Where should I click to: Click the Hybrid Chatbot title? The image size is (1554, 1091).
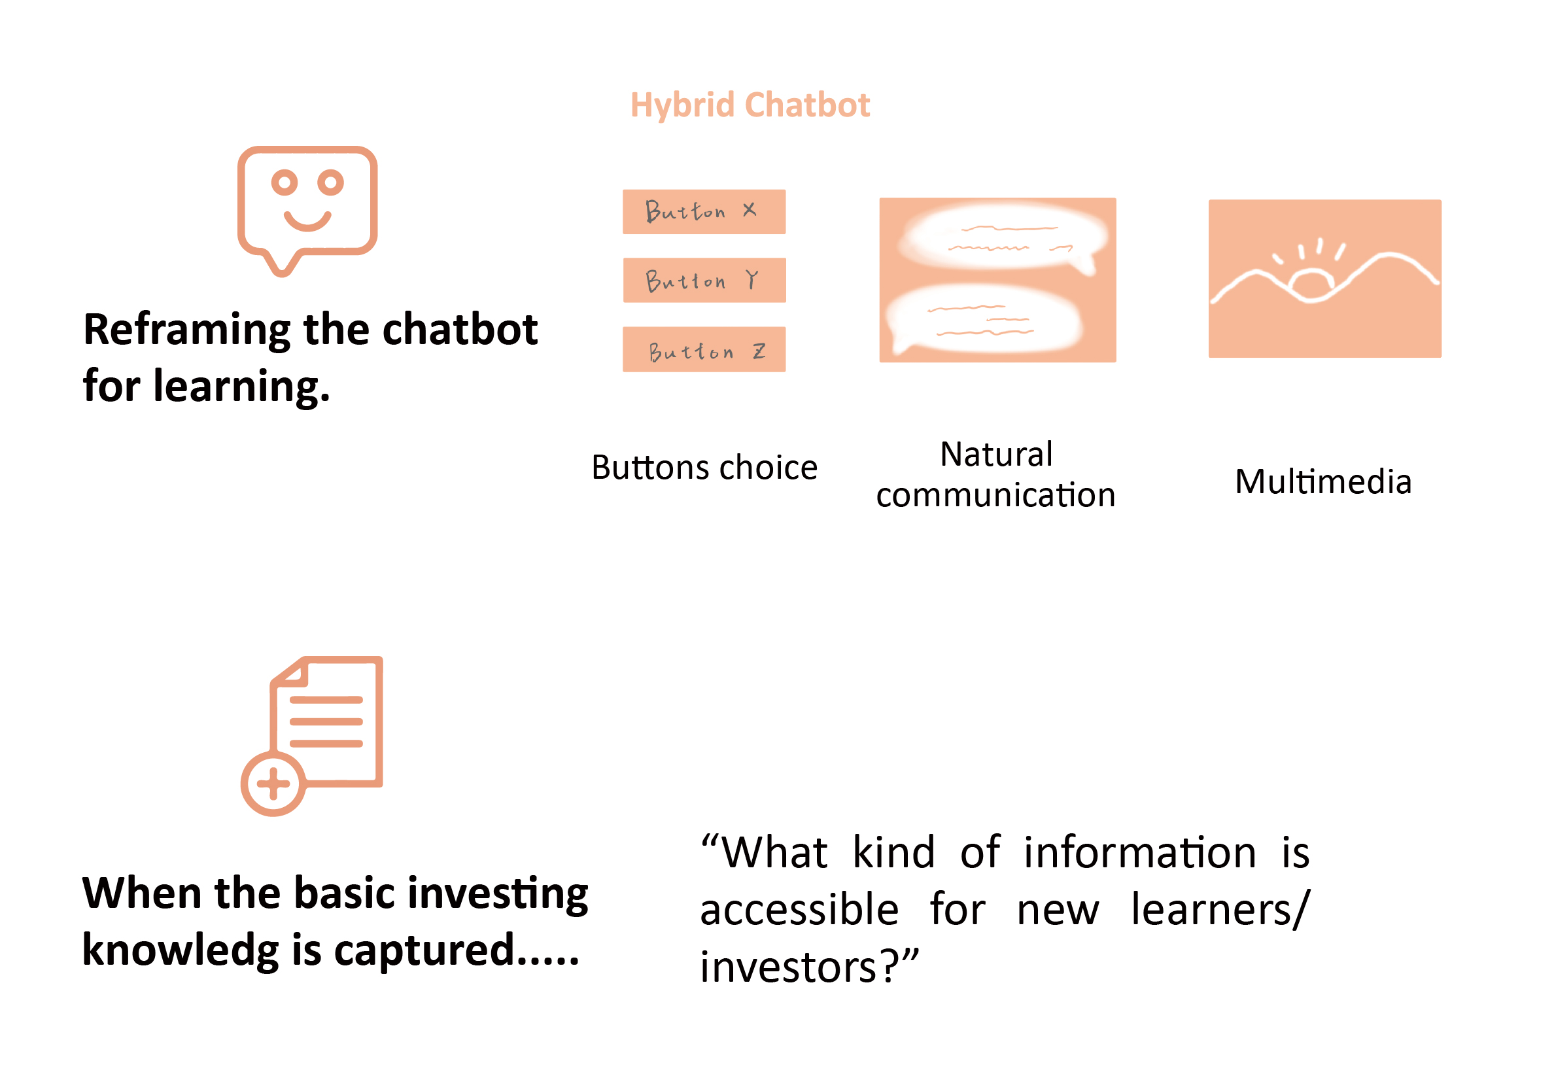(750, 105)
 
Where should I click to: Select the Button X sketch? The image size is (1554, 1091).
(704, 212)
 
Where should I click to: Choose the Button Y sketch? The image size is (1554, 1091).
(704, 280)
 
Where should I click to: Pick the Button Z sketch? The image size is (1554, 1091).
(704, 349)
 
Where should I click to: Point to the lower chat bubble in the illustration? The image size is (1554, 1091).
(985, 318)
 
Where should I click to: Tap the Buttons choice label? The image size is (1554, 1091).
(704, 468)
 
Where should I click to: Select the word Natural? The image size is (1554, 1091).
(996, 454)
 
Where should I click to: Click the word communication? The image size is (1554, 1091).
(995, 495)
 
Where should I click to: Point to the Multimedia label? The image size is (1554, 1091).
(1323, 482)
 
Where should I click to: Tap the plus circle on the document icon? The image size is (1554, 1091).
(273, 784)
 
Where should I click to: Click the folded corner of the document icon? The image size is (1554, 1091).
(289, 671)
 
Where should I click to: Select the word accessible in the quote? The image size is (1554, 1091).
(799, 909)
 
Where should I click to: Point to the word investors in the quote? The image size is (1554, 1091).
(789, 967)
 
